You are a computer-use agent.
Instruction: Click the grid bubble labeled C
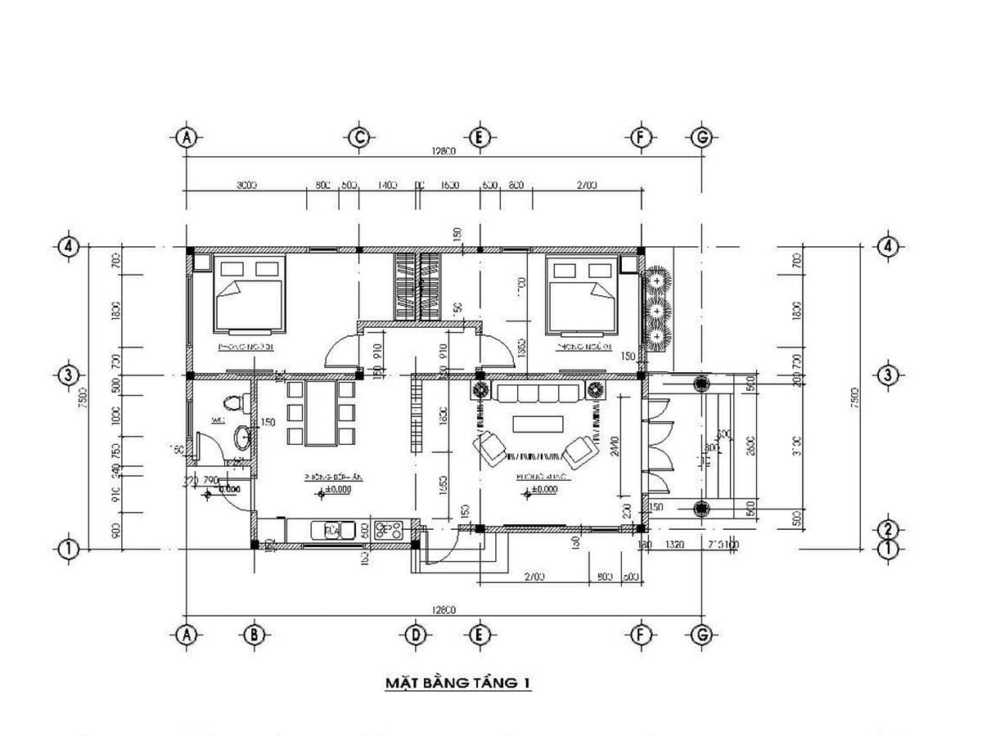(x=358, y=137)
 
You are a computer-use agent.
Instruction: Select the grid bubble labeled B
(x=254, y=634)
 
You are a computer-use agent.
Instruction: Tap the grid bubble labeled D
(x=416, y=634)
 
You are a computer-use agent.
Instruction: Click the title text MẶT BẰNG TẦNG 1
(x=457, y=682)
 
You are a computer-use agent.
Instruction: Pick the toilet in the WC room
(x=235, y=402)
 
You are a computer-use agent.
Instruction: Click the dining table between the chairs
(x=322, y=413)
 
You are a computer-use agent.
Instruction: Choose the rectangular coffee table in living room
(x=537, y=424)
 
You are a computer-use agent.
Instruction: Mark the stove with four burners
(x=388, y=530)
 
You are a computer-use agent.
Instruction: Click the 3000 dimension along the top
(x=246, y=186)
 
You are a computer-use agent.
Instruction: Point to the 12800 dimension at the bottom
(x=443, y=610)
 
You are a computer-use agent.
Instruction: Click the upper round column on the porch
(x=701, y=383)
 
